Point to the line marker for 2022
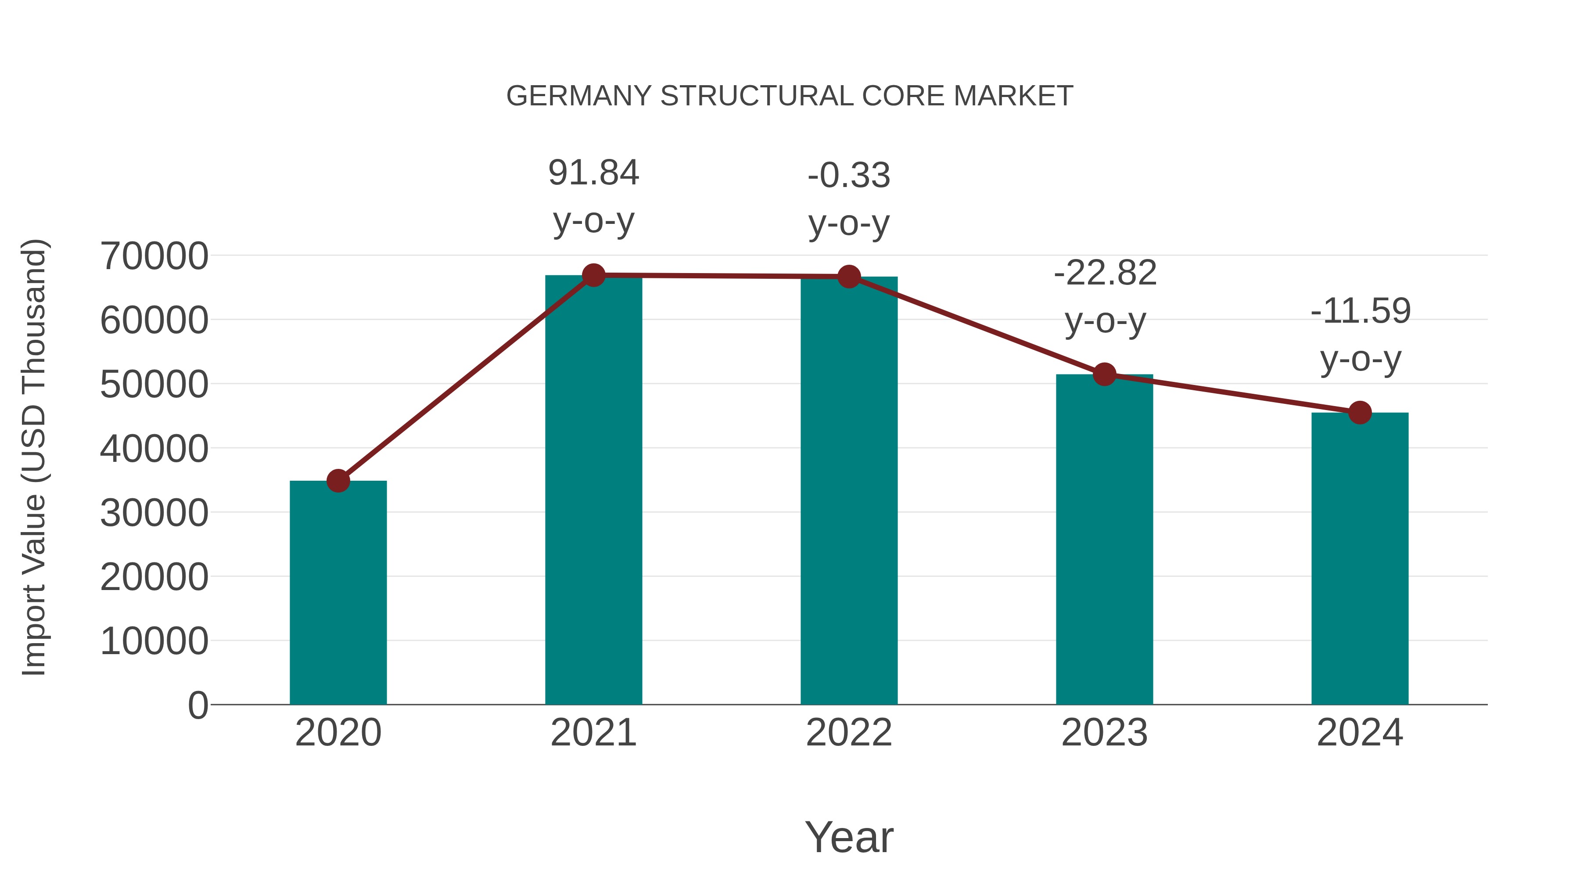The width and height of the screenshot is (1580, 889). point(849,277)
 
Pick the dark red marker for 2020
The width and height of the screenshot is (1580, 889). point(338,481)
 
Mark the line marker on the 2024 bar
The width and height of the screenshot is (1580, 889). point(1360,413)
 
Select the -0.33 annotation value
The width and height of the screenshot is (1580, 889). point(849,176)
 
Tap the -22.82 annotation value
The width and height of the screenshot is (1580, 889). point(1105,273)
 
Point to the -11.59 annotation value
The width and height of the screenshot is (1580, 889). point(1360,311)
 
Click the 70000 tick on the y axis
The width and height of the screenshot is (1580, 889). point(154,256)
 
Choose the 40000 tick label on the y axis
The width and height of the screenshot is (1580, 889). point(154,449)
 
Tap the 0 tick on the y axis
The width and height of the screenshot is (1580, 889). point(197,705)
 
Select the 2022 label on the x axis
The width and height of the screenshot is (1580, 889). point(849,733)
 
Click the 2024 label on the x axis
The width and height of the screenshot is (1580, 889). point(1360,733)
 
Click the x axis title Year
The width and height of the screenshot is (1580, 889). point(849,837)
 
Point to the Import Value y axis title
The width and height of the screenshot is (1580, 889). point(34,457)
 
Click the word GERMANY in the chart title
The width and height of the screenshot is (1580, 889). point(578,96)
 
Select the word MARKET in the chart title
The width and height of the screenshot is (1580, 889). point(1013,96)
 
